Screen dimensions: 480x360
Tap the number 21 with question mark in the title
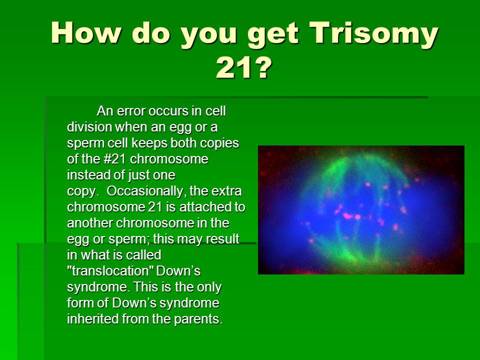pyautogui.click(x=244, y=68)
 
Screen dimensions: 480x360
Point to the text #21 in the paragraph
pyautogui.click(x=112, y=159)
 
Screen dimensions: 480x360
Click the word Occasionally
pyautogui.click(x=146, y=191)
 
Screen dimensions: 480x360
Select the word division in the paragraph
pyautogui.click(x=89, y=126)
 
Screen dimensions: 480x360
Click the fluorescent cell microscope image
pyautogui.click(x=361, y=210)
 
